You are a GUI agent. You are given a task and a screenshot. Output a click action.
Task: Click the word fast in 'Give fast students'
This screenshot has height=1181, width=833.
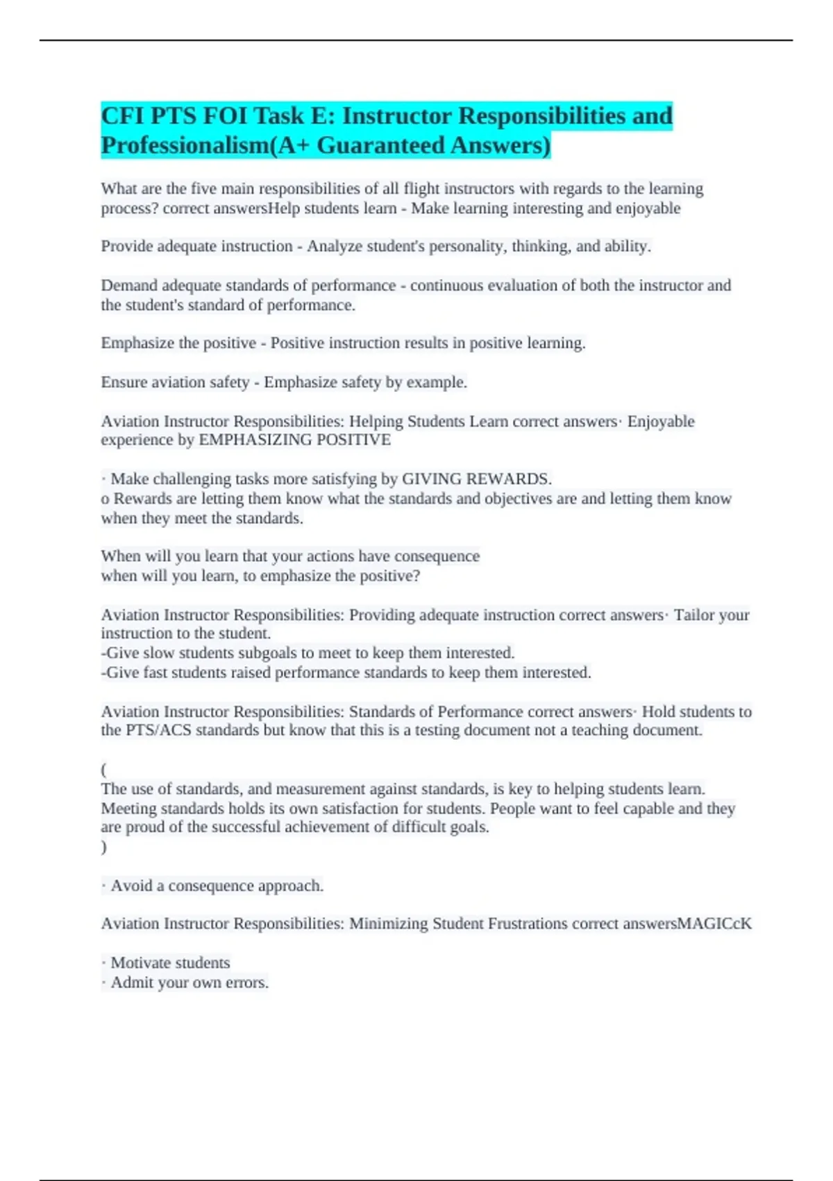click(x=154, y=672)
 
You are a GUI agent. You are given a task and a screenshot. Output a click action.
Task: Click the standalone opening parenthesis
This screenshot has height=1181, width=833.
click(x=104, y=770)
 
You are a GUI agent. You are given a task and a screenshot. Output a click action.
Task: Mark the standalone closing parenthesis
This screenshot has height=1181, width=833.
click(x=104, y=847)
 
